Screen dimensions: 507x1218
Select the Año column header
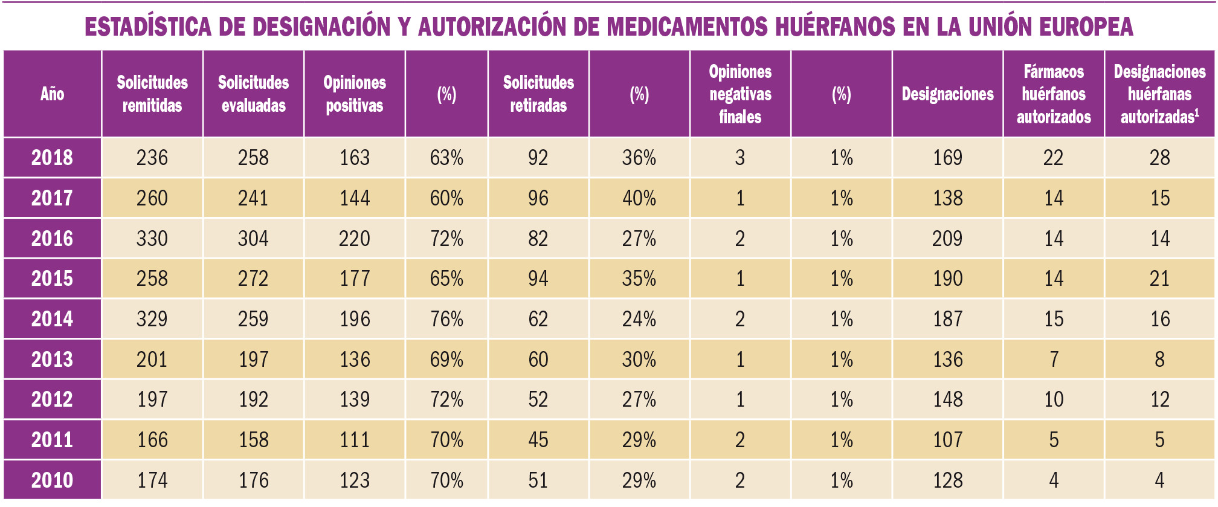[x=52, y=94]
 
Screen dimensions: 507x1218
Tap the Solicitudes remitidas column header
[x=152, y=94]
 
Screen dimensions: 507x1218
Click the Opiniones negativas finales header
[x=740, y=94]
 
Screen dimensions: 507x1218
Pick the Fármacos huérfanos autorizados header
[x=1054, y=94]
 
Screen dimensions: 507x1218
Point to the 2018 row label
[x=52, y=158]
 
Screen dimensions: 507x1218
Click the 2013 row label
[x=52, y=360]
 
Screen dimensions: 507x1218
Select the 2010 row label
[x=52, y=480]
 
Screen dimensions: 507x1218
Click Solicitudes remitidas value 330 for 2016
[x=152, y=239]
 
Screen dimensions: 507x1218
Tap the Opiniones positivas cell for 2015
[x=355, y=279]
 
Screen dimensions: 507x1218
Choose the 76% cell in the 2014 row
[x=446, y=319]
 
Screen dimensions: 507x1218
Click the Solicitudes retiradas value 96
[x=538, y=198]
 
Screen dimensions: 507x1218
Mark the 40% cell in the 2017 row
[x=639, y=198]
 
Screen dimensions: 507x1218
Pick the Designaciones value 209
[x=947, y=239]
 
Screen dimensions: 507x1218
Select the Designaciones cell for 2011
[x=947, y=440]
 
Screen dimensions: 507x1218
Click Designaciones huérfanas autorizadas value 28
[x=1159, y=158]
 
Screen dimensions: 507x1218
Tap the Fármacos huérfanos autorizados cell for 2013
[x=1054, y=360]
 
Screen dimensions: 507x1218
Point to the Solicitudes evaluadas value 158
[x=253, y=440]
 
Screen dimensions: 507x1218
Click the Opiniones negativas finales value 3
[x=740, y=158]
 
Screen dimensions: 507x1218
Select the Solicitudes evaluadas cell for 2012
[x=253, y=399]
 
